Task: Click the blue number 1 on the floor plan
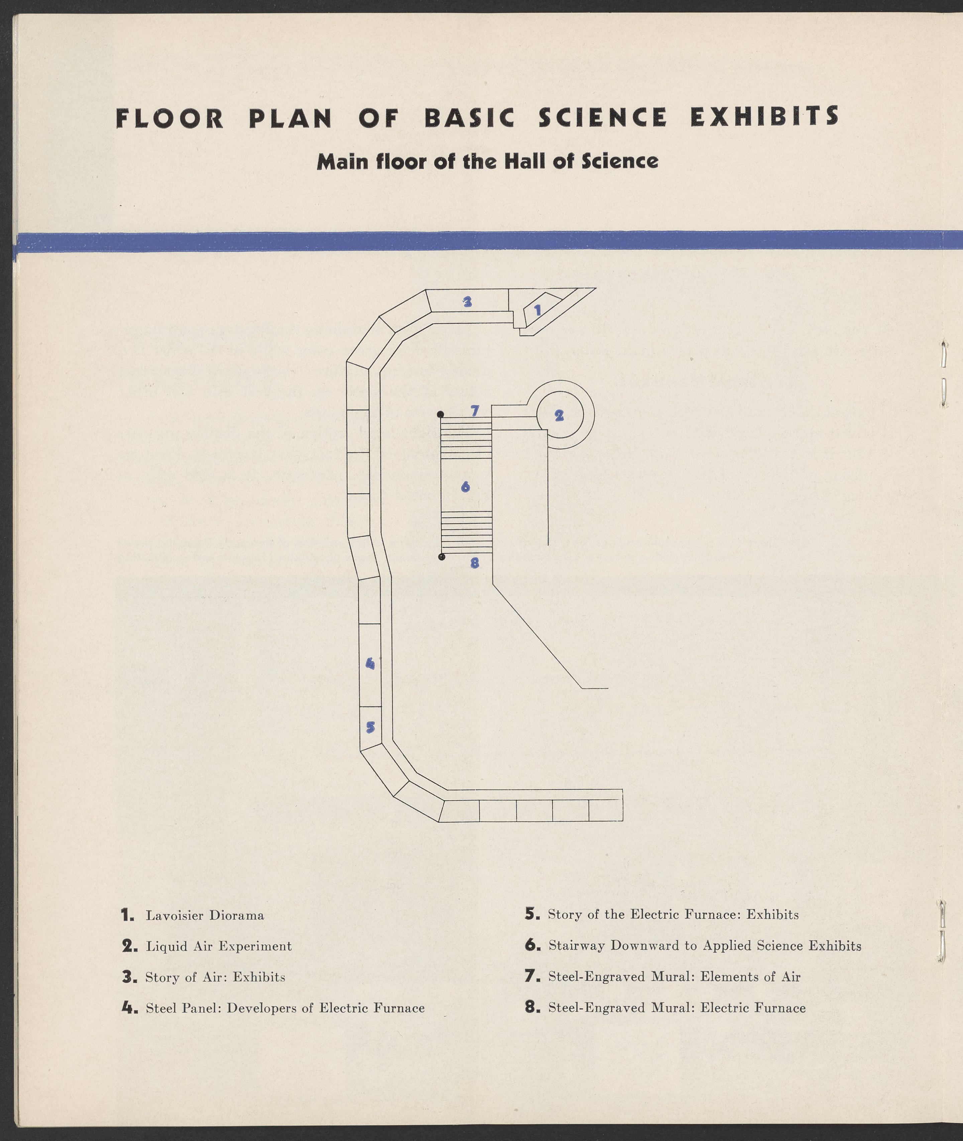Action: point(537,310)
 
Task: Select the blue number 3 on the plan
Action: point(467,301)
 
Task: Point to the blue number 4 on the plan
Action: point(370,663)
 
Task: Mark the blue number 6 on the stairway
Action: point(465,486)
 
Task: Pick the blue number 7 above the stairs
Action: point(475,410)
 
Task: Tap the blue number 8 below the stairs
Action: point(474,562)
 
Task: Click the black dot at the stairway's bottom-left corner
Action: point(442,556)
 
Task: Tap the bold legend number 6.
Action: point(531,945)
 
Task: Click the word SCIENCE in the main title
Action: point(603,117)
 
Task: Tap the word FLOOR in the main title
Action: point(170,119)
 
